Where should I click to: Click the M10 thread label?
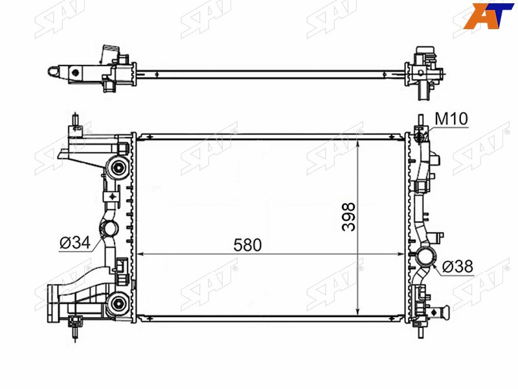coord(451,119)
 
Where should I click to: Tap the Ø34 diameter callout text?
coord(75,243)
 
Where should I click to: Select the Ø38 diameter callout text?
coord(458,266)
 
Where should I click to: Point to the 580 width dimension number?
coord(247,245)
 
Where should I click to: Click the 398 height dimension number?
coord(349,217)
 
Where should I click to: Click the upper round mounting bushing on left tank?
coord(118,168)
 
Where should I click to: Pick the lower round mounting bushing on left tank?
coord(118,303)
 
